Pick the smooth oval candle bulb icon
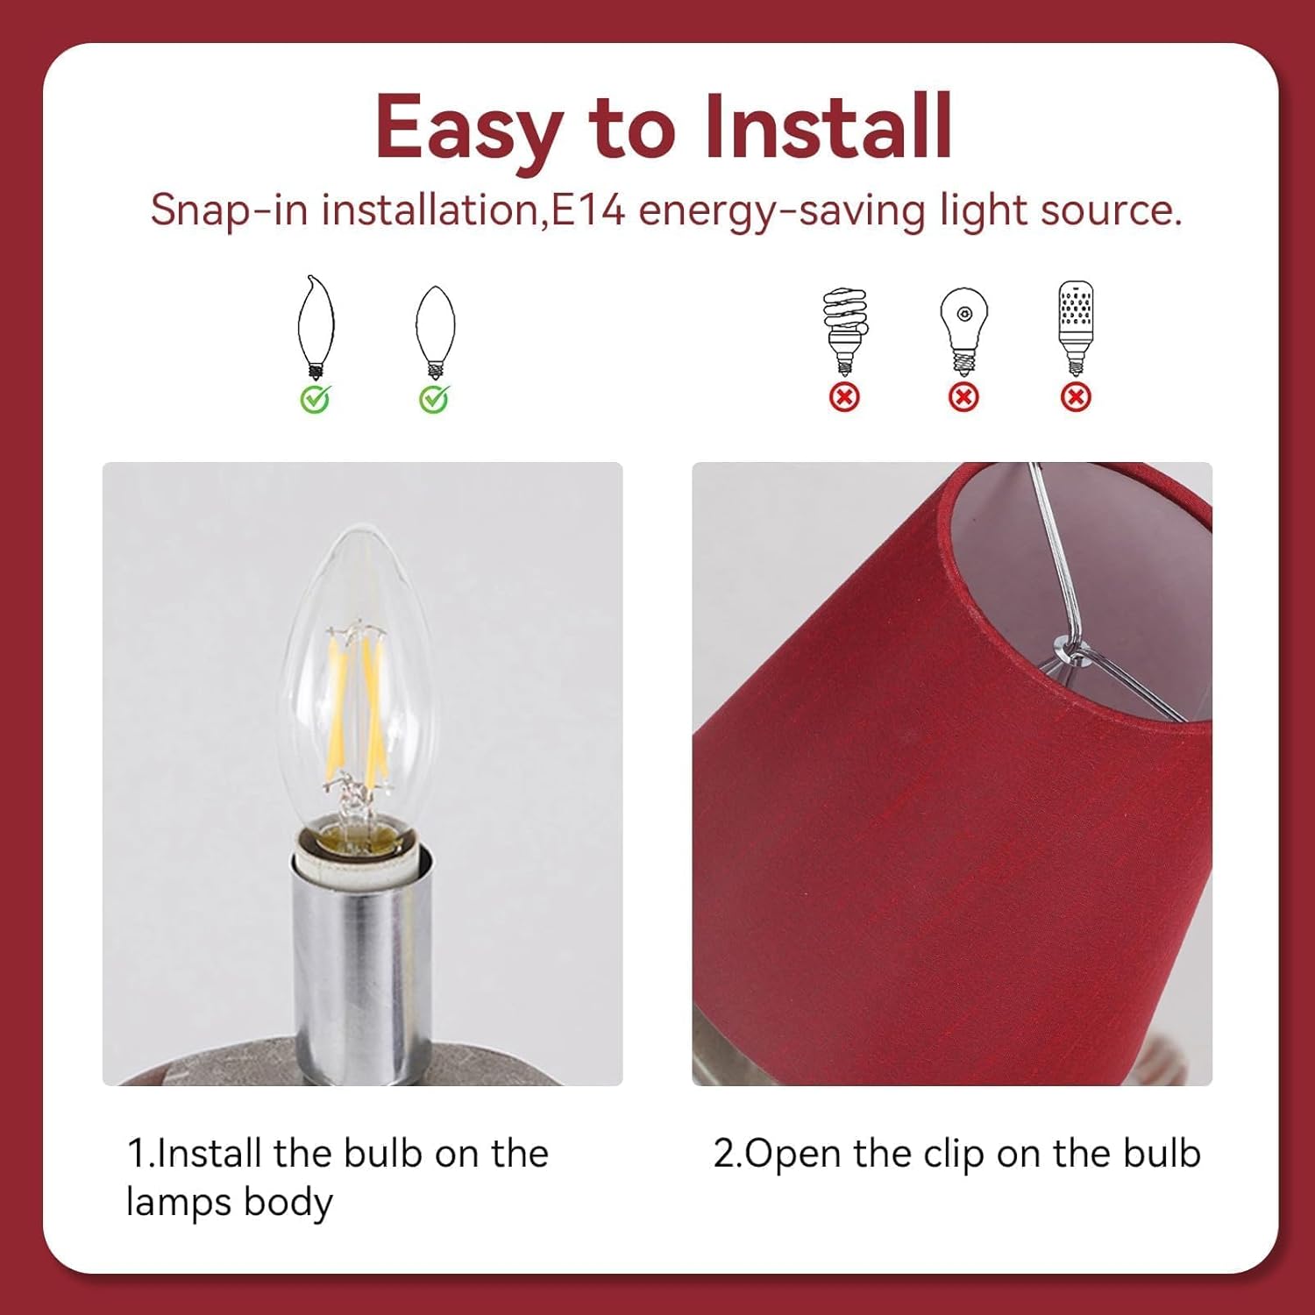435,331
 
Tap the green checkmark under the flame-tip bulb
316,399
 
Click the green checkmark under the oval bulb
435,399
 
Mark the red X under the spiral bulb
844,398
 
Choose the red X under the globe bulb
963,398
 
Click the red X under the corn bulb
1076,398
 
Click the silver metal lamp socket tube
361,964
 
